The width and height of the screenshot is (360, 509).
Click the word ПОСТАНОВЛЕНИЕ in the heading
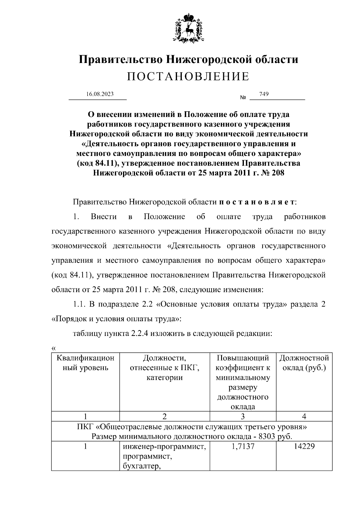(x=188, y=77)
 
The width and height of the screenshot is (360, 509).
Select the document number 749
(x=264, y=94)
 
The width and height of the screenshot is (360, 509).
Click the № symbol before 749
(x=243, y=98)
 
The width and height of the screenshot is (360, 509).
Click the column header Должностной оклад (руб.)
(x=304, y=363)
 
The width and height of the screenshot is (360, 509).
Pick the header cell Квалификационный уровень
(x=85, y=363)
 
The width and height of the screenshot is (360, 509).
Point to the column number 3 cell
(x=243, y=416)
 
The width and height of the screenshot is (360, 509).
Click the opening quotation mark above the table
(x=54, y=348)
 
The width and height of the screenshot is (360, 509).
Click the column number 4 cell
(x=304, y=416)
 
